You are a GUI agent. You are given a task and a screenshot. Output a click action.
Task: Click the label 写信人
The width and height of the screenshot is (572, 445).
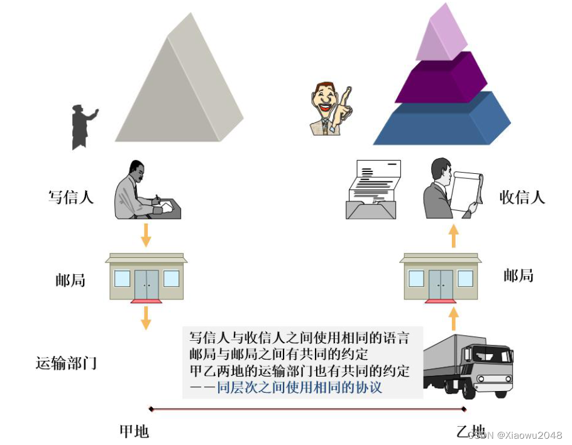pos(71,196)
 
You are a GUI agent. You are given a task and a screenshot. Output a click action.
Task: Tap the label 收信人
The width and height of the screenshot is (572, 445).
pos(522,196)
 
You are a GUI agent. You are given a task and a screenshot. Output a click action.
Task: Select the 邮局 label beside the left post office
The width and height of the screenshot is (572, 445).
pos(70,280)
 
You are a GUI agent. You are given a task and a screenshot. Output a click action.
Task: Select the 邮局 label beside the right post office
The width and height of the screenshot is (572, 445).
pos(519,275)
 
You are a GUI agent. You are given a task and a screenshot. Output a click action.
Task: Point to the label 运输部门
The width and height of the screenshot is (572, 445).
pos(67,363)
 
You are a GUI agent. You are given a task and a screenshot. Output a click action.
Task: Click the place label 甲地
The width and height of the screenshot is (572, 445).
pos(135,431)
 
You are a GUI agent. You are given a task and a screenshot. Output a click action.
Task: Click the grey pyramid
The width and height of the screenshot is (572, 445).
pos(179,88)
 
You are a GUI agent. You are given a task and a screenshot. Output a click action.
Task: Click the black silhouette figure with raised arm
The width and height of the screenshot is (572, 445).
pos(82,126)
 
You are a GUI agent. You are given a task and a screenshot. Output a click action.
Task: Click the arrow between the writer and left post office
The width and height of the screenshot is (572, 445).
pos(146,234)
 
